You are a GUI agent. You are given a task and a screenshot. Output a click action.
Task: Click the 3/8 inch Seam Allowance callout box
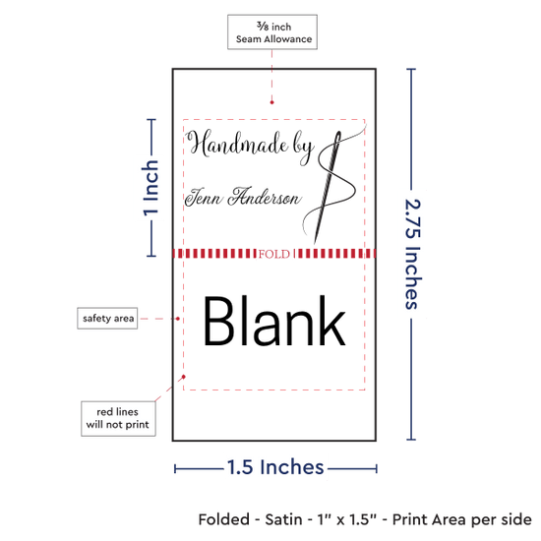tap(272, 31)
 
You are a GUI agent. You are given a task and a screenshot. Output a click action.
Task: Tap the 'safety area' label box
tap(107, 318)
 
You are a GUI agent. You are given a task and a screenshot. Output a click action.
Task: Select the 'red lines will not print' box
tap(118, 418)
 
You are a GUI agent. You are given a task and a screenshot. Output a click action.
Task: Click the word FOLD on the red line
tap(274, 254)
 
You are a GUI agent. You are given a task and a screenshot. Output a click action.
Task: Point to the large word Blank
tap(274, 321)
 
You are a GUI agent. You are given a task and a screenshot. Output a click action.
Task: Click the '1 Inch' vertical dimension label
tap(150, 188)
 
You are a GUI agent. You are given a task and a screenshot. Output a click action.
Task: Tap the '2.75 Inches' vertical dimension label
tap(412, 254)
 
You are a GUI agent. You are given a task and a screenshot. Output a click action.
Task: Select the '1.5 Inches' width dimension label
tap(275, 467)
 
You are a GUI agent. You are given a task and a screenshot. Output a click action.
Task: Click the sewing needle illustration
tap(328, 187)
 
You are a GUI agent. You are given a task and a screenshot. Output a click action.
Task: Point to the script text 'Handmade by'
tap(250, 147)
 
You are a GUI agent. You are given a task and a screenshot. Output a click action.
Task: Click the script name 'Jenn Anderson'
tap(243, 197)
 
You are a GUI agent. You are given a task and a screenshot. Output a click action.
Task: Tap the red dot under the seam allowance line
tap(271, 102)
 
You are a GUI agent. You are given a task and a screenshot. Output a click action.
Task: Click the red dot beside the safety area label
tap(178, 319)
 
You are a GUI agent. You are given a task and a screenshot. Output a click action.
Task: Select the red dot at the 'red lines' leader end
tap(184, 377)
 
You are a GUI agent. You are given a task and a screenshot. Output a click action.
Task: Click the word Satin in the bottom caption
tap(283, 519)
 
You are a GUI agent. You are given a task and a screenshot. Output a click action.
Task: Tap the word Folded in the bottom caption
tap(224, 519)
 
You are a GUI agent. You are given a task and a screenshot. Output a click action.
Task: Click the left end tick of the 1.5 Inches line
tap(175, 468)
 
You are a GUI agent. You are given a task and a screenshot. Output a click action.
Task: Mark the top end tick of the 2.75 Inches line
tap(411, 69)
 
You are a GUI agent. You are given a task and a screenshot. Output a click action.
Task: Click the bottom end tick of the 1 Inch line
tap(151, 256)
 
